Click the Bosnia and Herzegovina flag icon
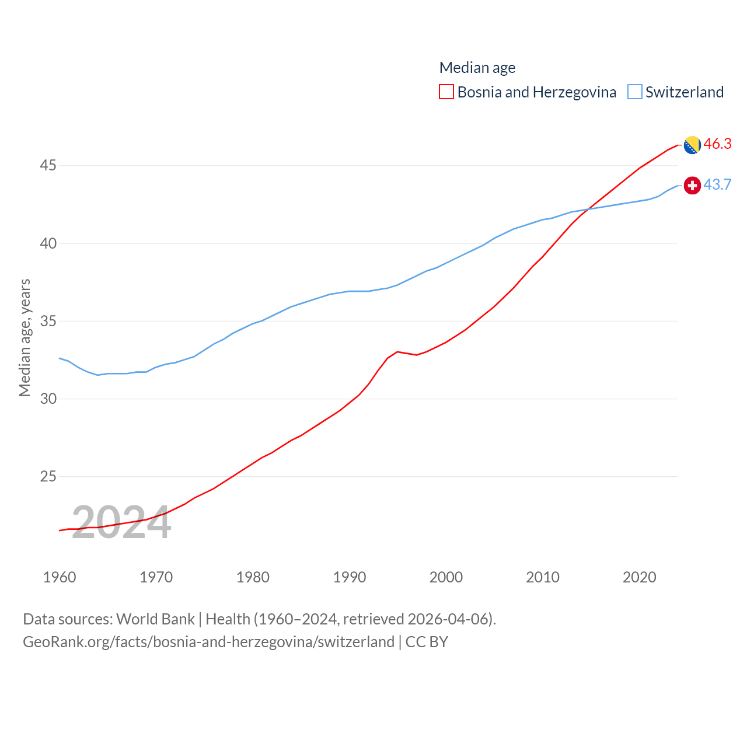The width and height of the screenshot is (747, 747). coord(692,145)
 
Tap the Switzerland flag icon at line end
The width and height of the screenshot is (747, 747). coord(692,186)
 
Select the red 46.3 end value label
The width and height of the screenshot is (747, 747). coord(717,144)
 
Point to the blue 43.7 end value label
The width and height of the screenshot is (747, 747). coord(717,184)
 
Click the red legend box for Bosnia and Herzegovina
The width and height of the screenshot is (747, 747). coord(446,92)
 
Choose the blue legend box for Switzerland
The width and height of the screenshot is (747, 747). coord(635,92)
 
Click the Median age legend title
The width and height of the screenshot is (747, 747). coord(477,68)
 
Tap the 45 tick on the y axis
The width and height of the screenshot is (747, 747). coord(48,166)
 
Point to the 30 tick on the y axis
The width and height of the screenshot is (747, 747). coord(48,399)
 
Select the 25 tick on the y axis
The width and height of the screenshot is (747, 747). coord(48,477)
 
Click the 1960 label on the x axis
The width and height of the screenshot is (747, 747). coord(60,577)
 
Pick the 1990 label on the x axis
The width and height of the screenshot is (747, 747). coord(350,577)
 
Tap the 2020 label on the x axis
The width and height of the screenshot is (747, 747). coord(640,577)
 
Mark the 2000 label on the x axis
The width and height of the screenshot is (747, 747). coord(446,577)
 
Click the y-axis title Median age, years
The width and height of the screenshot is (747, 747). coord(25,337)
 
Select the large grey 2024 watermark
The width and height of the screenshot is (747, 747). coord(121,523)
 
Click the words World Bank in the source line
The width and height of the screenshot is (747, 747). coord(155,619)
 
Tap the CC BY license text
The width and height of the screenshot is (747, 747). coord(427,642)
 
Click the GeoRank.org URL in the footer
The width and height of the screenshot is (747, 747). coord(209,642)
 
